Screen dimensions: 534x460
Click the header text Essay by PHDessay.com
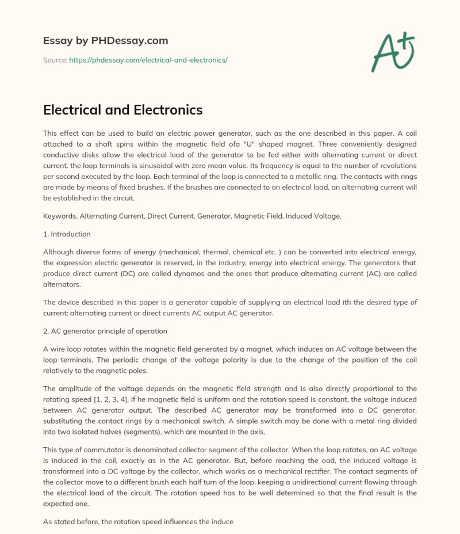(105, 41)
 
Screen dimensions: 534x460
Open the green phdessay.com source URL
(148, 60)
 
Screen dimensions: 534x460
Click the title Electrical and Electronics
(123, 109)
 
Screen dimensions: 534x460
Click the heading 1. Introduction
(67, 234)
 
